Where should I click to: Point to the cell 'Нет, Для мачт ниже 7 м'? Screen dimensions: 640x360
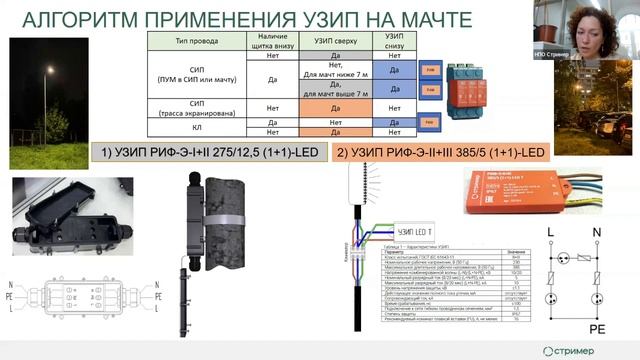point(322,70)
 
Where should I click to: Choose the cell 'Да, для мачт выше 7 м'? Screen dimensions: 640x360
point(322,89)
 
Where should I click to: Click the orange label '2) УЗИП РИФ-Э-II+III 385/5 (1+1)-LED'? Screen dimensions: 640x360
point(443,153)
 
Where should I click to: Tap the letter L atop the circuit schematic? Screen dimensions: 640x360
point(550,231)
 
